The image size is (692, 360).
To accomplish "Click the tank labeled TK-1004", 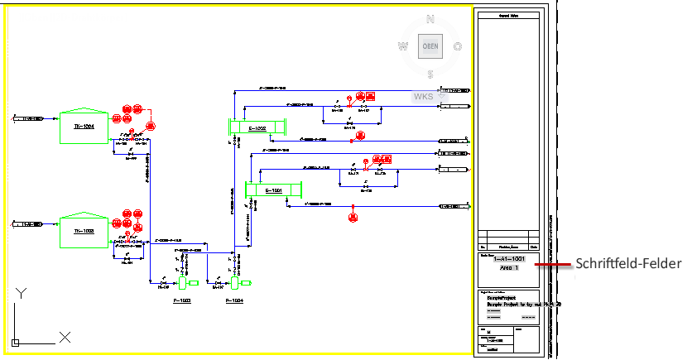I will (84, 126).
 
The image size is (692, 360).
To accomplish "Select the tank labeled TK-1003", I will (84, 231).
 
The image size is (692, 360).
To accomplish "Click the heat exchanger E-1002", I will (257, 128).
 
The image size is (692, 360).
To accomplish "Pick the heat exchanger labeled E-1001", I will (274, 190).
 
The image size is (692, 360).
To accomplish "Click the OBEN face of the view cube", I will (430, 46).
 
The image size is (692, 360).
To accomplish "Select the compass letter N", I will (430, 18).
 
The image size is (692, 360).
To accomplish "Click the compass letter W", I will (403, 46).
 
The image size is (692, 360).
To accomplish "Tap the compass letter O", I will (458, 46).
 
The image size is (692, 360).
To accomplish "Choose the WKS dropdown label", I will (423, 97).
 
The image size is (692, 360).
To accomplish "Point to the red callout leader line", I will (552, 265).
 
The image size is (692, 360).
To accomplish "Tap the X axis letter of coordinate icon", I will (65, 337).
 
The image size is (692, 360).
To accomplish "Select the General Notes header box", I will (508, 15).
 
